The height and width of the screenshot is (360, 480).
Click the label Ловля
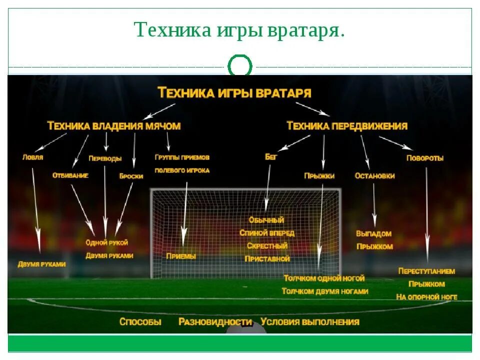(x=32, y=157)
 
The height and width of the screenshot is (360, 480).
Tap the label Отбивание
(x=70, y=175)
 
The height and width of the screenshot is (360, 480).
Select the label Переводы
(x=105, y=158)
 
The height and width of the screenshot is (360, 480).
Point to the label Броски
(x=131, y=176)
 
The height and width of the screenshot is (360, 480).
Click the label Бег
(x=271, y=157)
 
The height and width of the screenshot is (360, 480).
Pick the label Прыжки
(x=319, y=176)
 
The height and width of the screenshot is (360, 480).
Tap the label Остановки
(x=374, y=176)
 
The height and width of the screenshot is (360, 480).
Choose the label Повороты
(x=425, y=158)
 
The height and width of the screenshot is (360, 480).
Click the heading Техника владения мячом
(x=113, y=126)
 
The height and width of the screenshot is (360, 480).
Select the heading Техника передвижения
(x=347, y=126)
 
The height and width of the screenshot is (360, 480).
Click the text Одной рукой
(x=107, y=242)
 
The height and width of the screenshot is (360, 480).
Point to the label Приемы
(x=181, y=256)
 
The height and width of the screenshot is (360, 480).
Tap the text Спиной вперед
(x=267, y=233)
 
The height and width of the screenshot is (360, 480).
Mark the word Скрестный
(x=267, y=246)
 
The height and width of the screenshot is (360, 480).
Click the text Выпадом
(x=373, y=233)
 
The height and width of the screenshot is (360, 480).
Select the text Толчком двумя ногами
(x=325, y=291)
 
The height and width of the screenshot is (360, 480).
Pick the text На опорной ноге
(x=426, y=297)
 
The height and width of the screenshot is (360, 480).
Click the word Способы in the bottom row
(x=140, y=322)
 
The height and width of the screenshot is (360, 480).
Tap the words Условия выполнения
(x=310, y=322)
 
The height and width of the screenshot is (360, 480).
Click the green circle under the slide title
(x=240, y=66)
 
